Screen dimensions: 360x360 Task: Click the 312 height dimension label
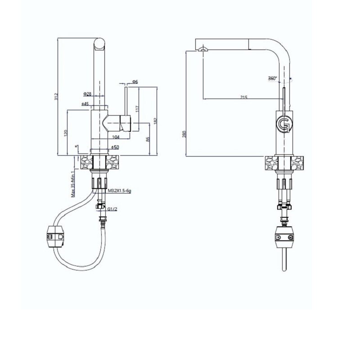pos(56,96)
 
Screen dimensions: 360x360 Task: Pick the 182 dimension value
pos(155,120)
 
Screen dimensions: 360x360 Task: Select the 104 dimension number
pos(116,136)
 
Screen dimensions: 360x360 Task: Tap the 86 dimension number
pos(148,139)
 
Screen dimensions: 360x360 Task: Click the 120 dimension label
pos(65,133)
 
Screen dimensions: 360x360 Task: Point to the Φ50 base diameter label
pos(115,147)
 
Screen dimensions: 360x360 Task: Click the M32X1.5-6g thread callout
pos(118,191)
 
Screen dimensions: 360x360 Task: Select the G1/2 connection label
pos(112,208)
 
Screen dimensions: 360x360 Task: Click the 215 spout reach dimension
pos(244,97)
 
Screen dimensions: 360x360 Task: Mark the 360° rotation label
pos(272,78)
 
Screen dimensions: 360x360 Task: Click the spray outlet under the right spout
pos(203,49)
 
